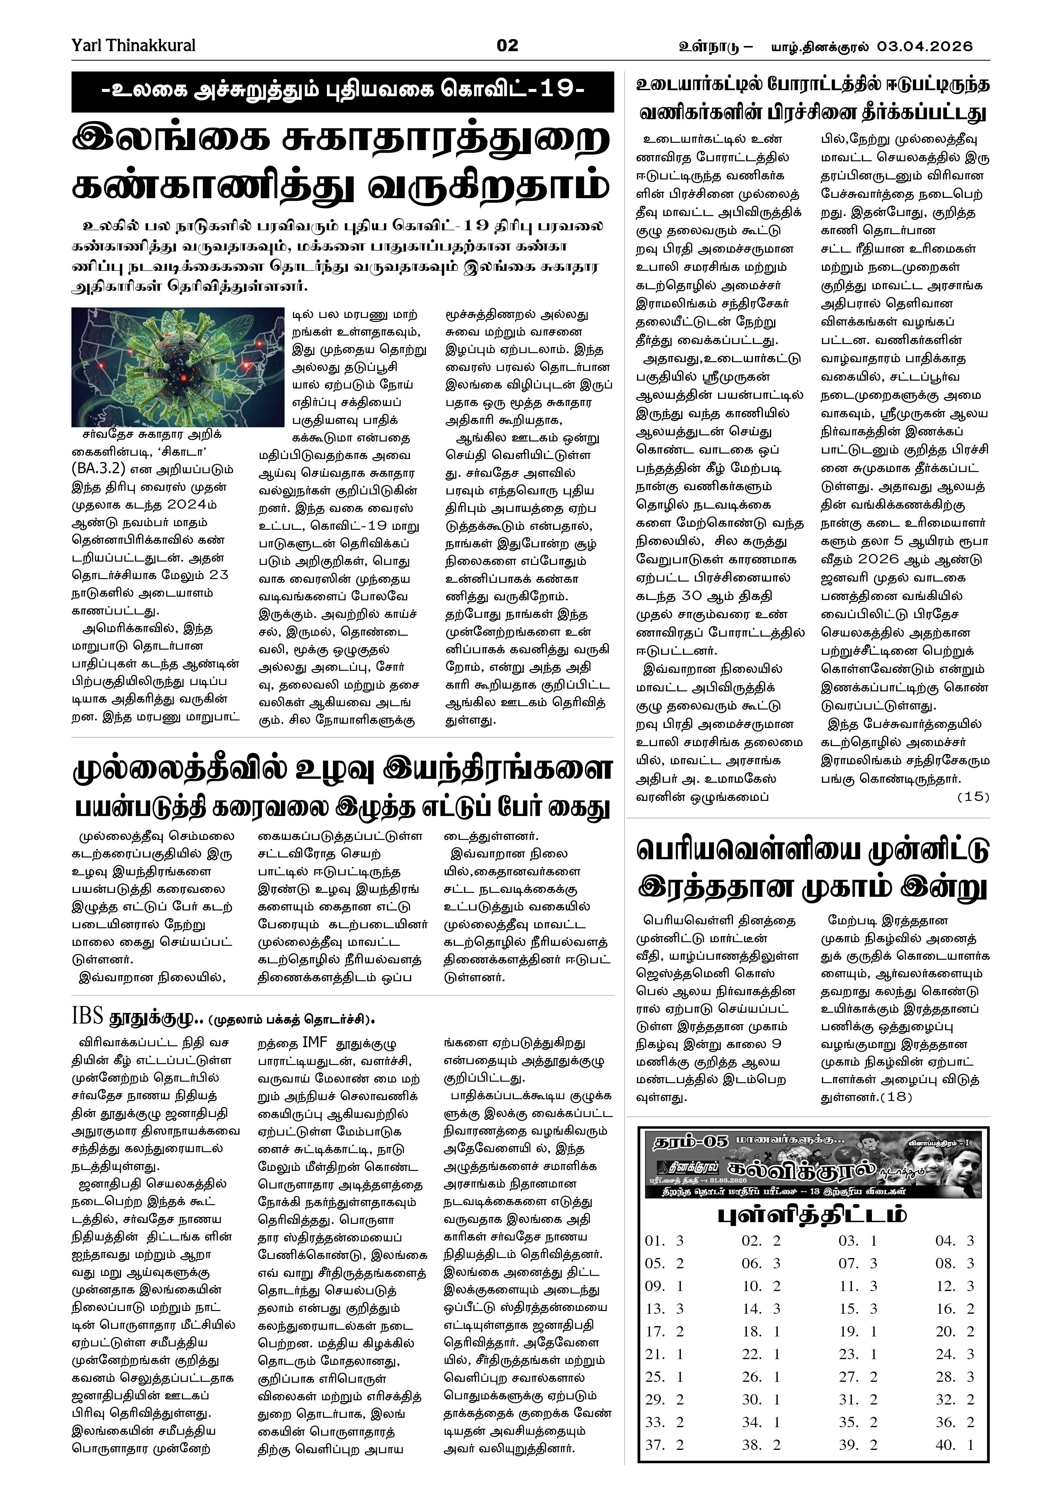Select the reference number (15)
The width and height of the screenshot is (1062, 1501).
(x=973, y=797)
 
